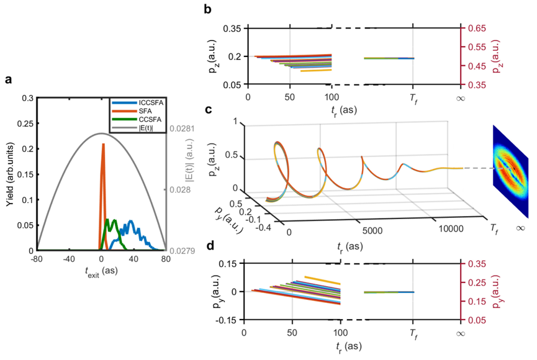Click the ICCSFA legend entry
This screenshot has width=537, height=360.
137,103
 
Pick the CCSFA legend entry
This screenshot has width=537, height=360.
137,120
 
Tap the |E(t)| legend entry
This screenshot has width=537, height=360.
132,128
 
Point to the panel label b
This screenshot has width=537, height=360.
207,9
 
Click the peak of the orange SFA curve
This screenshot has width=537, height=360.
103,144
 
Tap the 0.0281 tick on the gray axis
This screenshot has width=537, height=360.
182,128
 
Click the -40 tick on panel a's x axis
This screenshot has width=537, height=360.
69,259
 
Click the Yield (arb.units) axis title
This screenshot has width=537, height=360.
10,174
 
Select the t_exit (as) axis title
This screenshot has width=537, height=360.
101,272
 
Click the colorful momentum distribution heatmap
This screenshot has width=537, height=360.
511,171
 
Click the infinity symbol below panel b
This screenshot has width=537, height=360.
461,99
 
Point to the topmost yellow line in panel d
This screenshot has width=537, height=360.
322,280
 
